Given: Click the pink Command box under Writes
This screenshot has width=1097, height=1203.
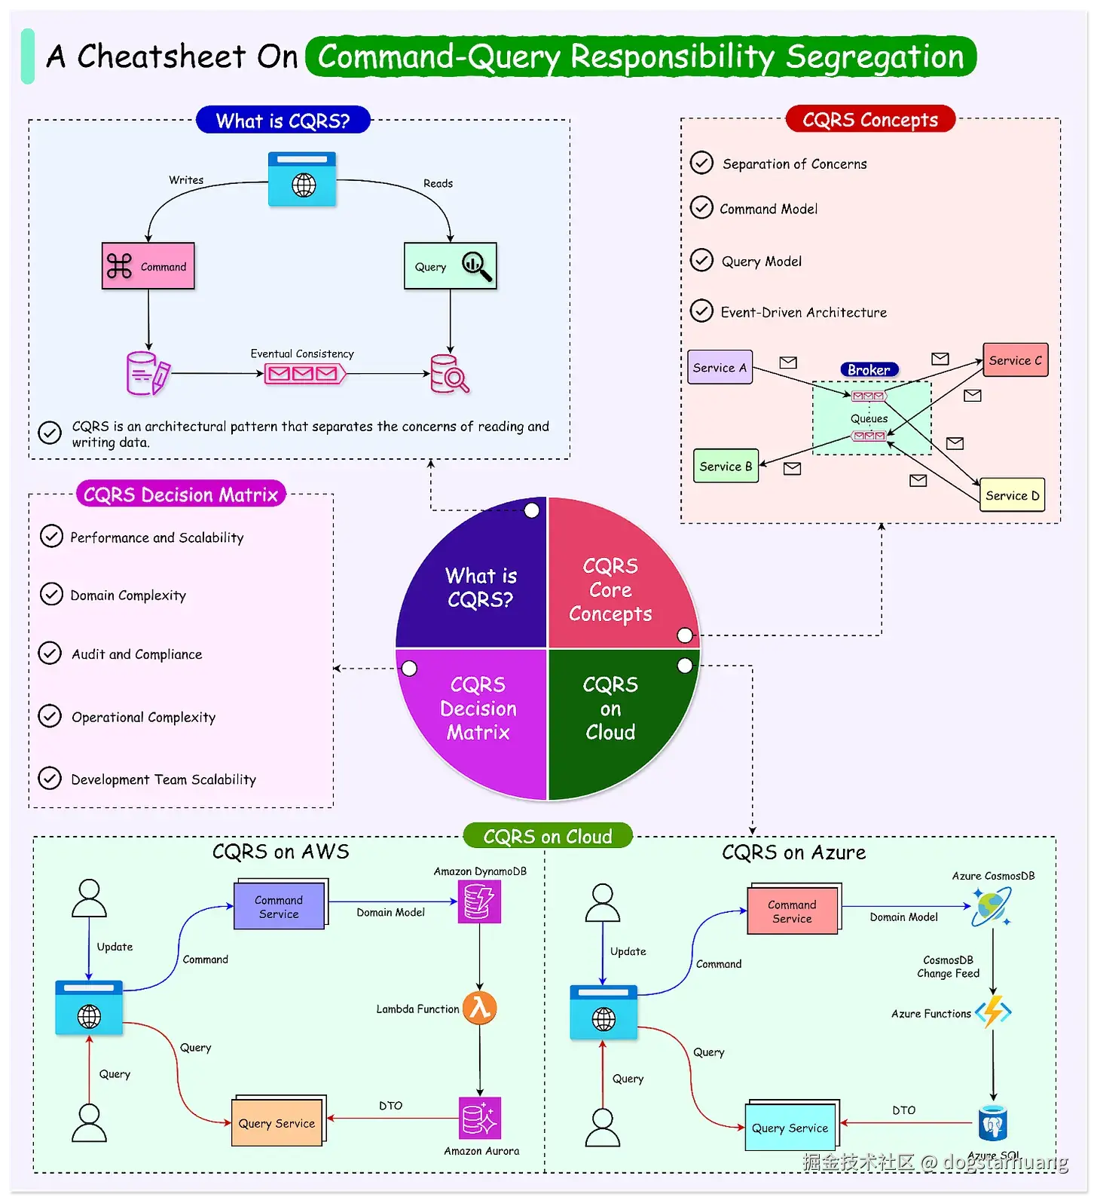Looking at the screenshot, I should click(x=148, y=266).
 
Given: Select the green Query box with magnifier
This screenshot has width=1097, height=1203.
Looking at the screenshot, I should click(x=450, y=266).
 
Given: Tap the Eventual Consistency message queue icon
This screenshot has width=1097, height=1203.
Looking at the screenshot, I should click(x=304, y=374).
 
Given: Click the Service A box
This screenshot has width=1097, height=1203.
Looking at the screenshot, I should click(x=720, y=368).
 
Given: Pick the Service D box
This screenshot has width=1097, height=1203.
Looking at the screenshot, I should click(x=1012, y=495).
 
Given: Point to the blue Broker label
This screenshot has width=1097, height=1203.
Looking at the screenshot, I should click(x=869, y=369).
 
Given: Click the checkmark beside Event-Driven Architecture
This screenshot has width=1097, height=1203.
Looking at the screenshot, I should click(x=701, y=311).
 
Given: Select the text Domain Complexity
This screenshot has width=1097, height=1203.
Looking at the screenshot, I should click(x=128, y=595).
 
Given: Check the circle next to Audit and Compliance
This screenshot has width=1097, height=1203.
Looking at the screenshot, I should click(x=50, y=653).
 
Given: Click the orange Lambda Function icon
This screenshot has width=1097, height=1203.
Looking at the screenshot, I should click(x=480, y=1008).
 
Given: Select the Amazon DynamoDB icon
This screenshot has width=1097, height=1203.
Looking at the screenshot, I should click(x=479, y=901).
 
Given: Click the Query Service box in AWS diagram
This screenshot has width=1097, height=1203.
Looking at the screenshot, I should click(x=277, y=1123).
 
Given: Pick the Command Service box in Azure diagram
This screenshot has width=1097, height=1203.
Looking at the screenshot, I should click(x=792, y=911).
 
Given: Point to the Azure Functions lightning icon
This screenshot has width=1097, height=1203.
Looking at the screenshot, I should click(x=993, y=1012).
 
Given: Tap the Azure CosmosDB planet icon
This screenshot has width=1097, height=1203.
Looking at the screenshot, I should click(x=991, y=905).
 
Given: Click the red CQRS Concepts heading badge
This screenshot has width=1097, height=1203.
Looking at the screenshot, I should click(x=870, y=120).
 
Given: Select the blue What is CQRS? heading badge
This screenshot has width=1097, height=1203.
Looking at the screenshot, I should click(x=283, y=121).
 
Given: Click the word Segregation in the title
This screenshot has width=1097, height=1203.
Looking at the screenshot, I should click(x=875, y=57).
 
